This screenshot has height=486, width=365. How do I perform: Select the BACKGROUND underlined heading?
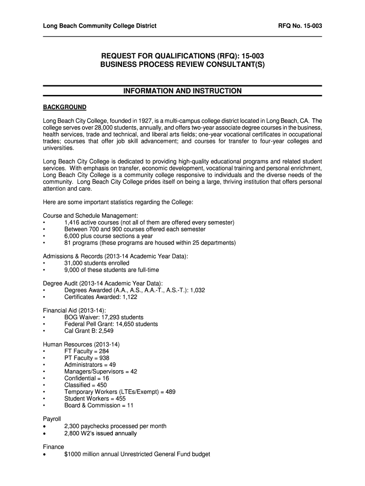64,107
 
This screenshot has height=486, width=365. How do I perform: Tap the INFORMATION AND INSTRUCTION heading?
182,91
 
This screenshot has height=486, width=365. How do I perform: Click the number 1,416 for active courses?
72,223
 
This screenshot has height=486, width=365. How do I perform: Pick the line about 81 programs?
150,243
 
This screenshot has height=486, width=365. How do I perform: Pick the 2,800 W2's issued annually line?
100,433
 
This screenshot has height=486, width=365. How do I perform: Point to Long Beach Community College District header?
100,26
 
